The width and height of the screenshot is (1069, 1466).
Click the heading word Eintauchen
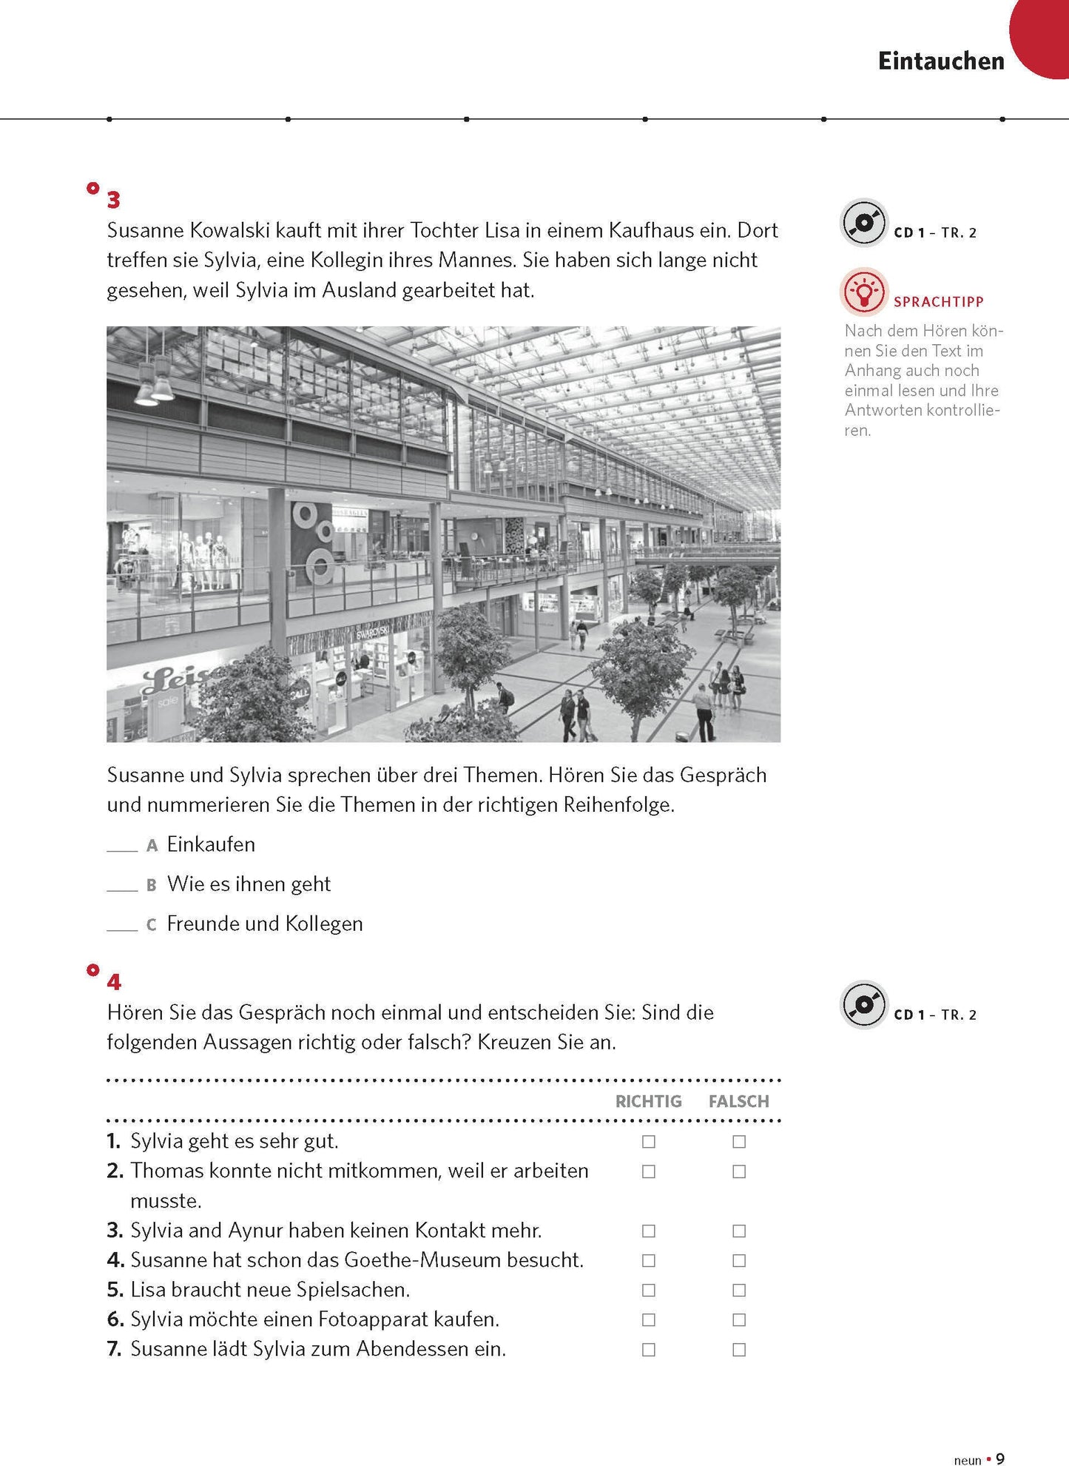[x=941, y=61]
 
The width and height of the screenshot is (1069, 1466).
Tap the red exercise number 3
[x=113, y=200]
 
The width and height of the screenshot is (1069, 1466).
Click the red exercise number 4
[x=113, y=982]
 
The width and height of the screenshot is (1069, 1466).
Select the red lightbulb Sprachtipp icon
[x=863, y=291]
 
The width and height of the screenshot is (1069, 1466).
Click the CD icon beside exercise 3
[x=863, y=223]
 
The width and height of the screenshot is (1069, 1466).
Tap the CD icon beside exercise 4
[x=863, y=1005]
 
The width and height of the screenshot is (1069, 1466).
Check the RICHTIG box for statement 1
[x=649, y=1142]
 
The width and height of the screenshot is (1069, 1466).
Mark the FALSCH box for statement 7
[x=739, y=1350]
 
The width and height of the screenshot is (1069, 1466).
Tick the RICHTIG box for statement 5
[x=649, y=1290]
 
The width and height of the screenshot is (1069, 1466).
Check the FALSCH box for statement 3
[x=739, y=1231]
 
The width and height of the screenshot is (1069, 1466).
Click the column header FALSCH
[x=738, y=1101]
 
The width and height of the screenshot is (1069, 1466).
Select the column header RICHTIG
[x=648, y=1101]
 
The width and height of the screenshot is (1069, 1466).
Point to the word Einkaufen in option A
[x=211, y=844]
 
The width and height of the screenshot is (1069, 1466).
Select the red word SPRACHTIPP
[x=938, y=302]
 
